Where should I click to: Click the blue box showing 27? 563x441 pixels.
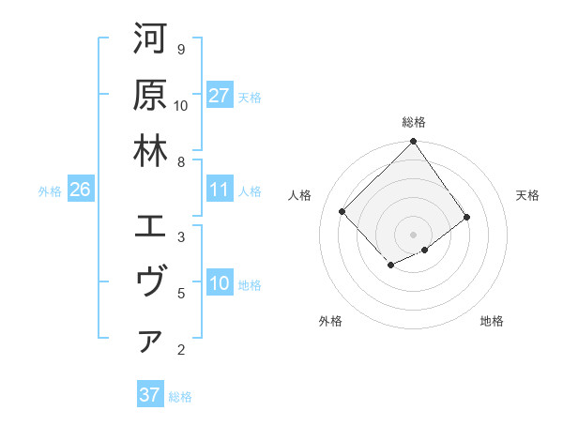[220, 96]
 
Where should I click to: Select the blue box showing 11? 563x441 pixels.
[220, 190]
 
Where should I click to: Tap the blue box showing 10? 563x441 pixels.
[220, 284]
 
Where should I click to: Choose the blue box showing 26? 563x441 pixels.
[80, 190]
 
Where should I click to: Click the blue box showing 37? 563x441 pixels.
[149, 395]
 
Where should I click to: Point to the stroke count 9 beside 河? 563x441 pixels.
[180, 49]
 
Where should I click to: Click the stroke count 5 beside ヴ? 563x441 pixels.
[180, 294]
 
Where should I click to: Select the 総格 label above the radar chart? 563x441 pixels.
[414, 122]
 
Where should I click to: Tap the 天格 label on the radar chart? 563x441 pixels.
[528, 195]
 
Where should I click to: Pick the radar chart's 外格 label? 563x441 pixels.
[330, 321]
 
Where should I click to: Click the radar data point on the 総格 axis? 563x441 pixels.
[413, 143]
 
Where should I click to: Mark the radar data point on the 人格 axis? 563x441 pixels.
[342, 211]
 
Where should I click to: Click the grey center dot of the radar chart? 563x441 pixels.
[413, 234]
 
